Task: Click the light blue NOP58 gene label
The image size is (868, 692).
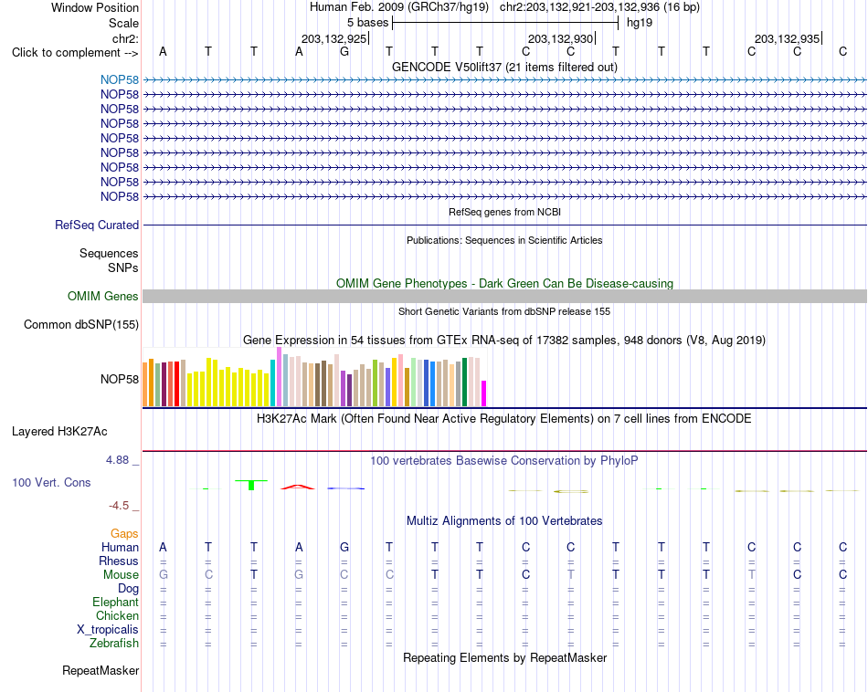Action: [120, 79]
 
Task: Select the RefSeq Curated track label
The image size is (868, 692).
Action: [97, 225]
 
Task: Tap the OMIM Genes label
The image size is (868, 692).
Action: [103, 296]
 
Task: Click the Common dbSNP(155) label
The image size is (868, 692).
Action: [81, 325]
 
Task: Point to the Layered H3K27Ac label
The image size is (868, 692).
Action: [59, 432]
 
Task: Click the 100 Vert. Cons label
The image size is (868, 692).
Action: [51, 482]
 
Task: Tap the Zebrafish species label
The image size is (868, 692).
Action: [114, 644]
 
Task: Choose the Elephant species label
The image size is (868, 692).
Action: [116, 602]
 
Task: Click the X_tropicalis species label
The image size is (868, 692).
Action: [108, 630]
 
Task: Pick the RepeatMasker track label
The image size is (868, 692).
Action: [101, 670]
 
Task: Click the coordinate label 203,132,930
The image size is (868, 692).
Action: [561, 38]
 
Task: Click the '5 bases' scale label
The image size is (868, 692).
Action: [368, 23]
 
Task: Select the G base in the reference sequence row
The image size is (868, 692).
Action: [344, 51]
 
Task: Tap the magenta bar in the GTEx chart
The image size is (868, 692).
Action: [484, 393]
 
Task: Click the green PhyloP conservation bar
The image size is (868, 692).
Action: [251, 485]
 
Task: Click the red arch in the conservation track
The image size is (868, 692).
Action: [298, 487]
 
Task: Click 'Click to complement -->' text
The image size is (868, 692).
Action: [75, 53]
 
